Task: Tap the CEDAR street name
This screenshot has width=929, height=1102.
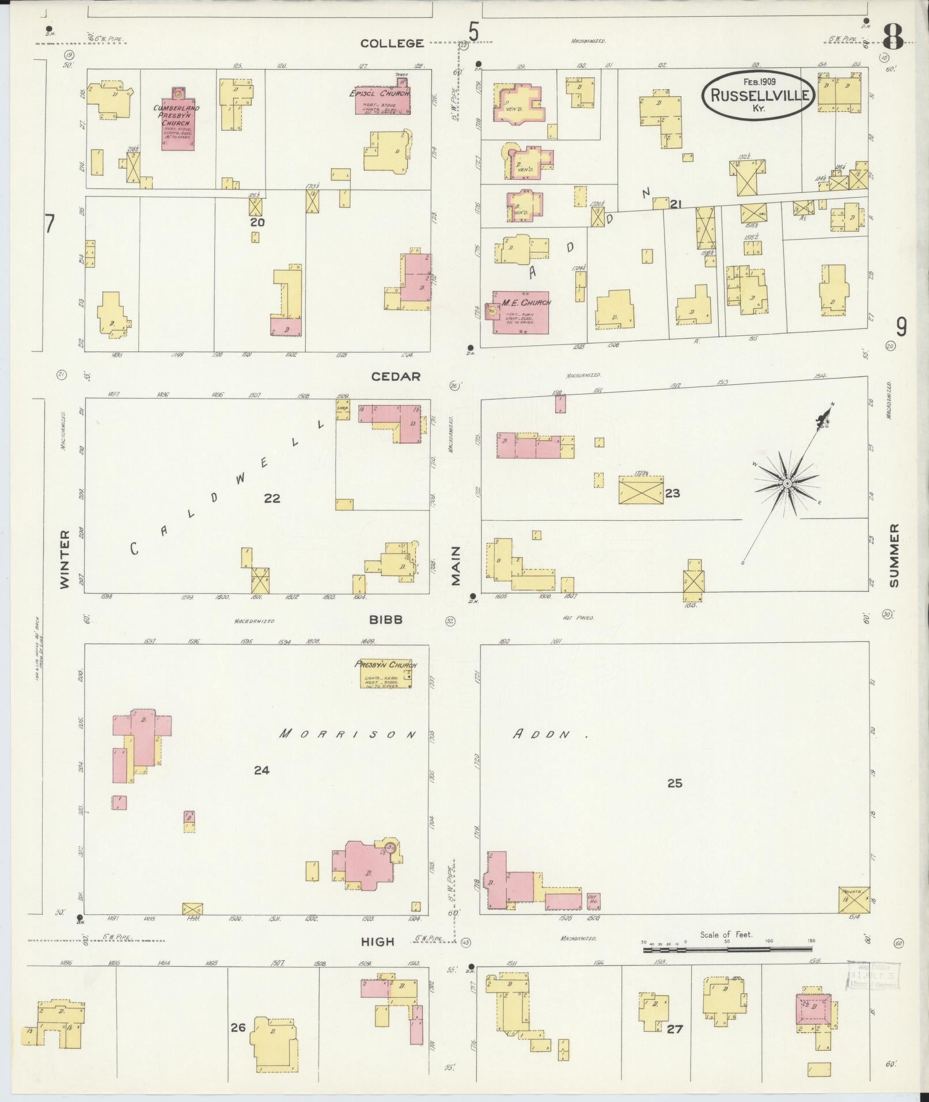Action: [x=396, y=376]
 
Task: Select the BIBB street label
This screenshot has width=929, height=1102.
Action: [x=386, y=620]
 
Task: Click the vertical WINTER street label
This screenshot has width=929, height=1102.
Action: [x=65, y=559]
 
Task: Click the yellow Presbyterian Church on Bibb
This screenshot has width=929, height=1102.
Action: [x=385, y=674]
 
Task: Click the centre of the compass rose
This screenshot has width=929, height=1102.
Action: [x=786, y=484]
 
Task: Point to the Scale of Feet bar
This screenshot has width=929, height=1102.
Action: [x=727, y=946]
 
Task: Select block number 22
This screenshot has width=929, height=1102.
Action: [x=272, y=498]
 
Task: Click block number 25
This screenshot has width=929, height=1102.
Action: [x=674, y=783]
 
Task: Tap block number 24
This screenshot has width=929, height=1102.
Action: [x=261, y=770]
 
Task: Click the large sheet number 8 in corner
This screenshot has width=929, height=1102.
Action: [x=893, y=38]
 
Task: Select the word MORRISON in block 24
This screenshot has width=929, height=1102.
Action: [x=347, y=734]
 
